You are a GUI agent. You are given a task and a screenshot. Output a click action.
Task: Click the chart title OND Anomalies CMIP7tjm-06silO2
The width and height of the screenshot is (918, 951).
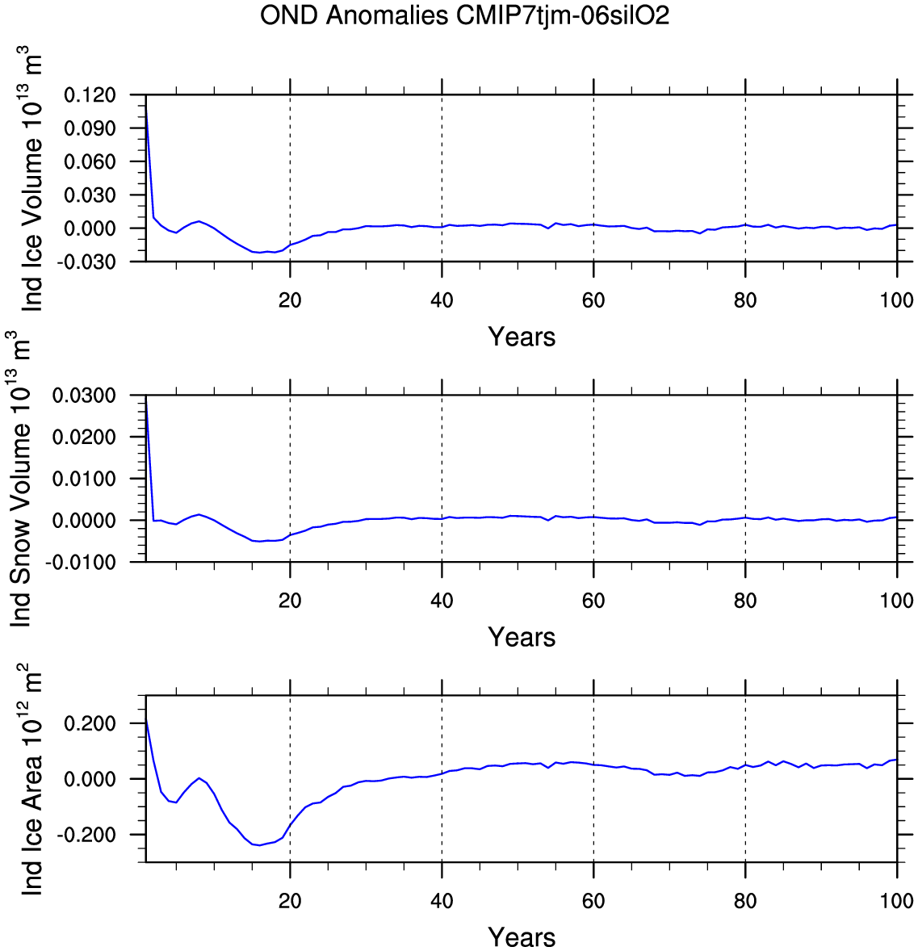click(x=464, y=15)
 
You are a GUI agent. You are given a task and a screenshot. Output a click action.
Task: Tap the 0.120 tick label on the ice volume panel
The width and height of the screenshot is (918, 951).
click(x=90, y=95)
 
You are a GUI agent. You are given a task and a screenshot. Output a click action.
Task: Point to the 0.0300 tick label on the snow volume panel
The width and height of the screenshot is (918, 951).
click(x=84, y=396)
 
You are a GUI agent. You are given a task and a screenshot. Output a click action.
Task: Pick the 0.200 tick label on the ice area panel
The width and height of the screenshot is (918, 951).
click(x=90, y=723)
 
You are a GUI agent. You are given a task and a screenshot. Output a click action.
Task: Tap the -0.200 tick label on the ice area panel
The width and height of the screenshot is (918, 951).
click(x=87, y=835)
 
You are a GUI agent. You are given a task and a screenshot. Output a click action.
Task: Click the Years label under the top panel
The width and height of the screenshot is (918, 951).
click(x=522, y=337)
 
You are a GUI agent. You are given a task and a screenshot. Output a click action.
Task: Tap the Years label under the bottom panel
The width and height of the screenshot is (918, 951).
click(x=522, y=937)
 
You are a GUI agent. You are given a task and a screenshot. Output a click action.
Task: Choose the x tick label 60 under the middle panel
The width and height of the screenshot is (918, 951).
click(x=593, y=601)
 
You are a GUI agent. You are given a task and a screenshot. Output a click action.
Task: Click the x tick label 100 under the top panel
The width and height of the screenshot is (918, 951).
click(x=896, y=300)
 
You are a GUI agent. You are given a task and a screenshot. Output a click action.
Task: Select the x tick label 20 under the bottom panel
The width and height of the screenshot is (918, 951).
click(x=290, y=901)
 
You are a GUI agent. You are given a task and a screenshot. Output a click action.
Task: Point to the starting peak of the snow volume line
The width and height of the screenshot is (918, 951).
click(x=146, y=396)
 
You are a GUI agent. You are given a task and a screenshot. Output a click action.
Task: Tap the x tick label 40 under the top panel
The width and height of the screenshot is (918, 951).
click(x=442, y=300)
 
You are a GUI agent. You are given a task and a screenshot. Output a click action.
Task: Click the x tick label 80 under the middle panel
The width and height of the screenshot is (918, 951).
click(x=745, y=601)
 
